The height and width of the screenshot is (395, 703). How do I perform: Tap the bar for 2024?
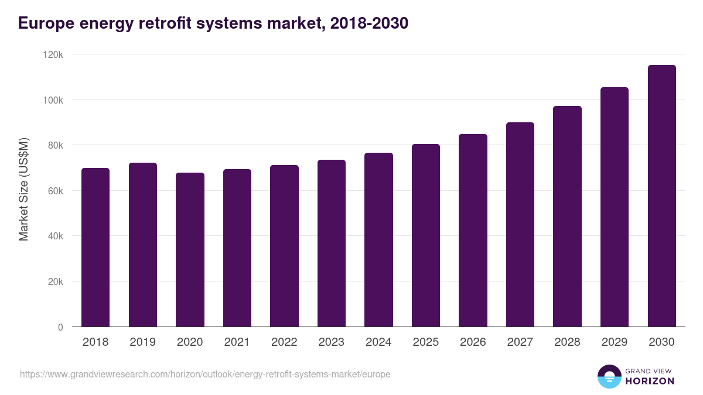click(x=378, y=239)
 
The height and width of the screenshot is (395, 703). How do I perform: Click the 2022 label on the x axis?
click(x=284, y=342)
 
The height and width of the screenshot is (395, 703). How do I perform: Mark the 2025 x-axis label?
click(x=426, y=342)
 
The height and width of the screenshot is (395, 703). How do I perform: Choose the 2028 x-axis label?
click(x=567, y=342)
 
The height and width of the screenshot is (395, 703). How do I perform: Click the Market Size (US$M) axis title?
click(x=23, y=189)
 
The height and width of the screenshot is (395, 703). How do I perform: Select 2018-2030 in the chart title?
click(x=369, y=23)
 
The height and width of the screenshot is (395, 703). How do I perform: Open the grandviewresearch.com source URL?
click(x=205, y=374)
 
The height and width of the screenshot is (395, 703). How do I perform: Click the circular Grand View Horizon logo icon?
click(x=609, y=377)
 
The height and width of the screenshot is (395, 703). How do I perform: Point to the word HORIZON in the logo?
click(x=650, y=381)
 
